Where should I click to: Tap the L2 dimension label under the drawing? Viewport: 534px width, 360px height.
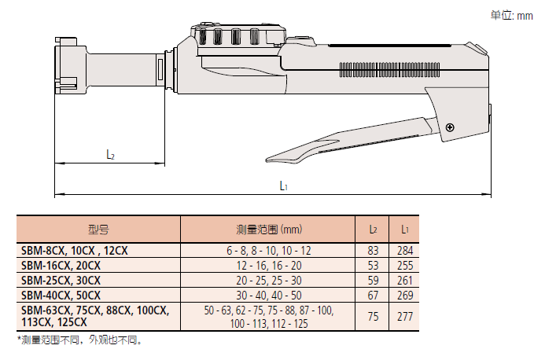point(111,155)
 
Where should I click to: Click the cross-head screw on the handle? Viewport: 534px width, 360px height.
point(449,127)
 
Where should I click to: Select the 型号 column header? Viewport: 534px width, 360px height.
point(99,230)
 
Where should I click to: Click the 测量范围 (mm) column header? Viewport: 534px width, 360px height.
point(268,230)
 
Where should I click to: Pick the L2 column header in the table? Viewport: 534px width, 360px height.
point(374,230)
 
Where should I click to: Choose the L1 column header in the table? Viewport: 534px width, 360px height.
point(404,230)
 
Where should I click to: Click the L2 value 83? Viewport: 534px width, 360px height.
point(374,250)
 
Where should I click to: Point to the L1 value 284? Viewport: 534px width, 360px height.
point(404,250)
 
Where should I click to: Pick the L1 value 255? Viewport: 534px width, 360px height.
point(404,265)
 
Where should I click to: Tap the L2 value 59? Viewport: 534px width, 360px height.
point(374,280)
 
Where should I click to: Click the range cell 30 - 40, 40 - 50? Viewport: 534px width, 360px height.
point(268,295)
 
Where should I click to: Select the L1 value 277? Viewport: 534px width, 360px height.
point(404,317)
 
